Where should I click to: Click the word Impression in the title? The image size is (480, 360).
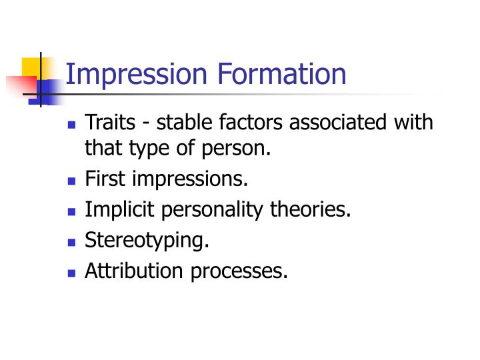(x=134, y=75)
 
